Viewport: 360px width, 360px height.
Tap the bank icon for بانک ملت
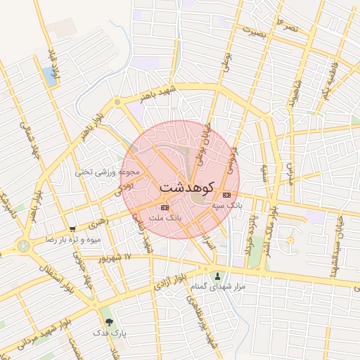pos(165,207)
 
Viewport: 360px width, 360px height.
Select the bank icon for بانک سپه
pos(226,195)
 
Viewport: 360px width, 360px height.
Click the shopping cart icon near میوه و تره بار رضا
pos(72,229)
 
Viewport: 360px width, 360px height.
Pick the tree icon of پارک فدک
pos(108,322)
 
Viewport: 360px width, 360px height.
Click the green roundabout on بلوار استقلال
pos(25,246)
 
